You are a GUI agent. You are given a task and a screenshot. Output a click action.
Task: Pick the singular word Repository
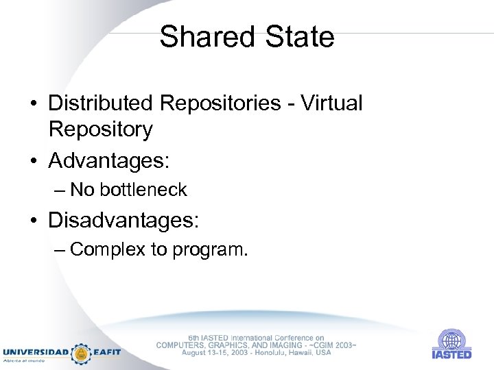point(100,129)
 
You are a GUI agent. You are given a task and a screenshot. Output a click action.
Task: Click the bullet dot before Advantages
point(34,162)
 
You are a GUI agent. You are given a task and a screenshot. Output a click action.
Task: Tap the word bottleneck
point(145,190)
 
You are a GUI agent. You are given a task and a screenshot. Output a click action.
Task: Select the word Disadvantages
point(123,220)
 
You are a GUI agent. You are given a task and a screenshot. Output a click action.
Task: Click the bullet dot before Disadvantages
point(34,221)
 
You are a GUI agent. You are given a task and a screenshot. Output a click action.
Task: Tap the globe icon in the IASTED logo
point(451,341)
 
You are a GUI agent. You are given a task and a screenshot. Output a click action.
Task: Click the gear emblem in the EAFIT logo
point(82,353)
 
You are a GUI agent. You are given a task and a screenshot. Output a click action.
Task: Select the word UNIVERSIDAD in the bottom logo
point(36,352)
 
